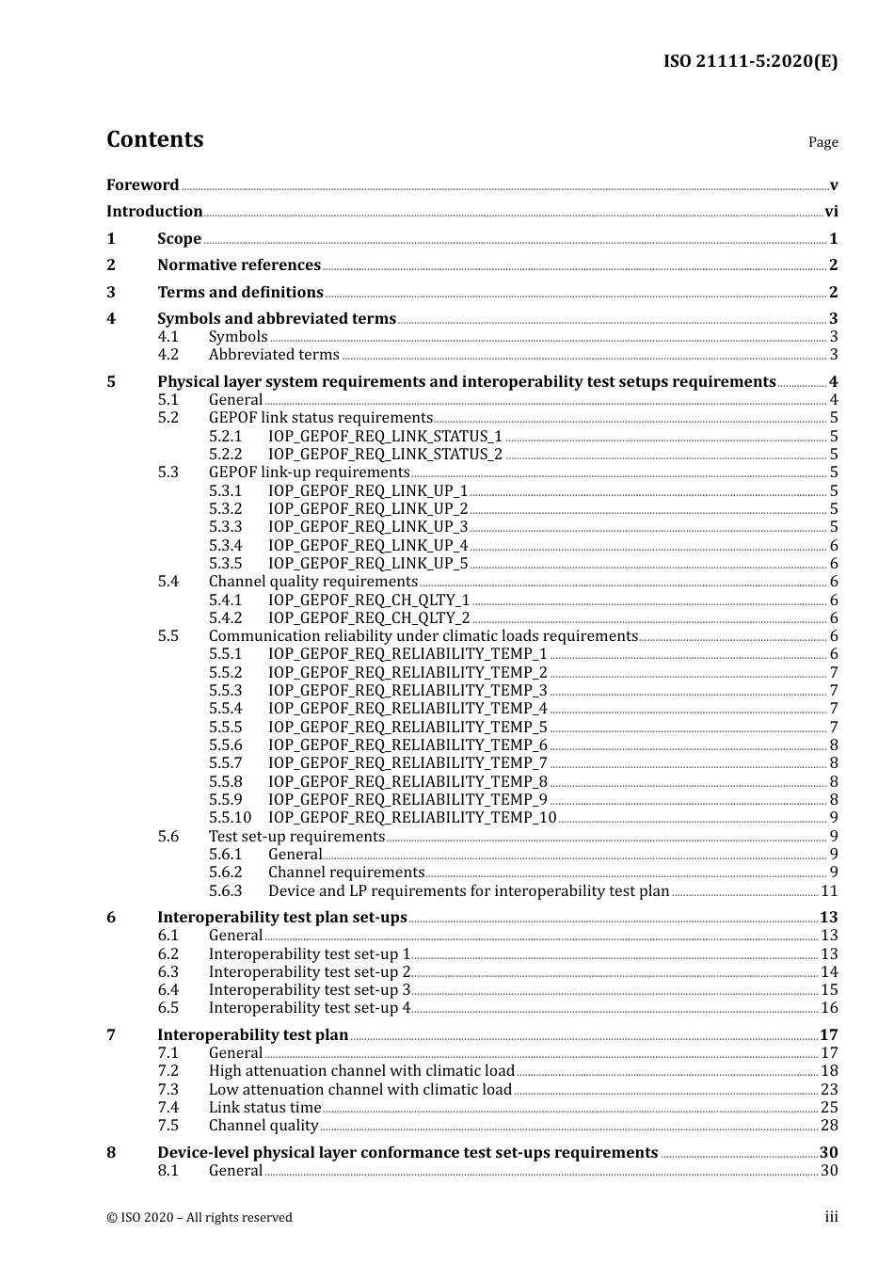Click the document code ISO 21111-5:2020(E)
coord(750,62)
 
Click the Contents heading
coord(155,139)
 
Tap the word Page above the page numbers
coord(822,142)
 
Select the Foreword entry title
coord(142,185)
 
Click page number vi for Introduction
coord(831,212)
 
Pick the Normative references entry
coord(239,265)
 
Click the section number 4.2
coord(168,355)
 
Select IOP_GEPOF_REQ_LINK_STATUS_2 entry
coord(385,455)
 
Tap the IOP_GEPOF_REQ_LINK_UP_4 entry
coord(368,546)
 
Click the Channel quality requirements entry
coord(312,582)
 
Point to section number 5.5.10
coord(230,818)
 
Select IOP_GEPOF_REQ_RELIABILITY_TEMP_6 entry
coord(407,745)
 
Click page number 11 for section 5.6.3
coord(829,891)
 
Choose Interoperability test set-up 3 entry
coord(310,990)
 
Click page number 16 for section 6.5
coord(829,1008)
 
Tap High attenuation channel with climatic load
coord(361,1071)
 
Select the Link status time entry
coord(264,1108)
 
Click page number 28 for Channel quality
coord(829,1126)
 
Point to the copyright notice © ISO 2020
coord(200,1218)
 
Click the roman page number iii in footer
coord(831,1217)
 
